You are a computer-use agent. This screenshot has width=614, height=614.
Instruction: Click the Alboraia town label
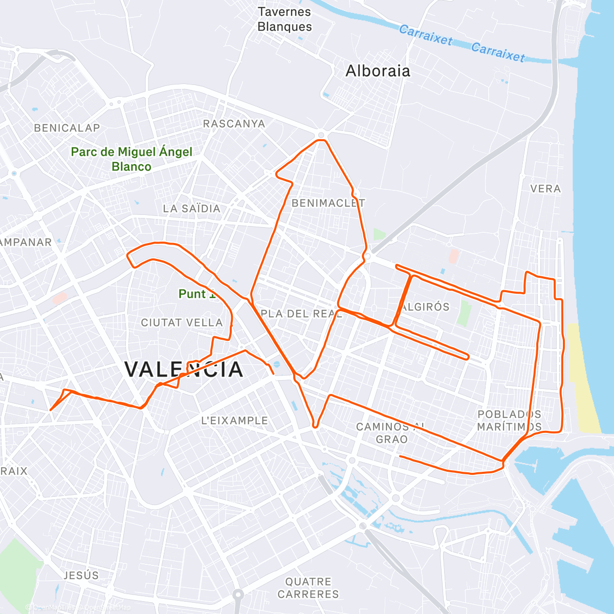[x=378, y=71]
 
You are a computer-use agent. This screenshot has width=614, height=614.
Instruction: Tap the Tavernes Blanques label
[x=284, y=19]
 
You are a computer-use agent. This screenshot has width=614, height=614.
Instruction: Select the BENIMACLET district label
[x=328, y=203]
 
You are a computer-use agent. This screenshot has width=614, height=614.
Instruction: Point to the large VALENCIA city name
[x=184, y=369]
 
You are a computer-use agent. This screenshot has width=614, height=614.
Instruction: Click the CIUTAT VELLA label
[x=182, y=323]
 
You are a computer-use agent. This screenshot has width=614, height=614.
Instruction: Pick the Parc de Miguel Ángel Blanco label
[x=131, y=159]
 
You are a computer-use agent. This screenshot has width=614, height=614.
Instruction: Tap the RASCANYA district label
[x=234, y=124]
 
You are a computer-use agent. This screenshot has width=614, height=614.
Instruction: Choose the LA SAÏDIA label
[x=191, y=209]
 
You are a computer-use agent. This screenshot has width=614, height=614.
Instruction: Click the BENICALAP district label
[x=67, y=128]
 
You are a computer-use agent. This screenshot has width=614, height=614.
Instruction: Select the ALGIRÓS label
[x=425, y=307]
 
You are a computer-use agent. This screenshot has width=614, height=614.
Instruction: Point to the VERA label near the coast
[x=545, y=189]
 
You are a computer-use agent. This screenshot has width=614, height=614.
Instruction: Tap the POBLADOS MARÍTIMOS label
[x=509, y=420]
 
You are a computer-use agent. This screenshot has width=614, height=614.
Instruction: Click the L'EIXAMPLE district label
[x=234, y=421]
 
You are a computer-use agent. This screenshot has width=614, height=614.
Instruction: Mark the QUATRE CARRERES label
[x=308, y=588]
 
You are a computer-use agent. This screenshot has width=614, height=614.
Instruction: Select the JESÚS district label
[x=81, y=576]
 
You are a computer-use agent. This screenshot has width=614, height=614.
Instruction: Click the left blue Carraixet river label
[x=426, y=35]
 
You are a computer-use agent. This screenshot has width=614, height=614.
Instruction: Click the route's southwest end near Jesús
[x=50, y=410]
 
